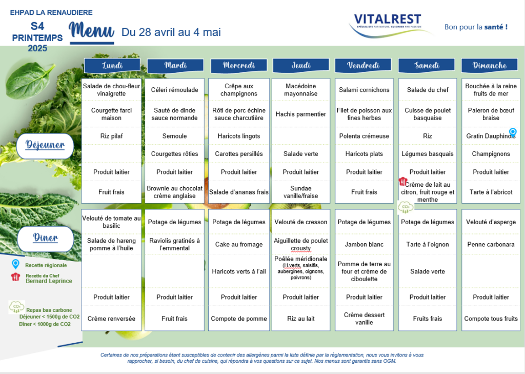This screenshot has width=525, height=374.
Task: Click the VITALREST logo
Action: click(389, 25)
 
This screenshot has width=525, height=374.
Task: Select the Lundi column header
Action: click(112, 65)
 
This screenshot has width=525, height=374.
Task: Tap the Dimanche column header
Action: click(490, 65)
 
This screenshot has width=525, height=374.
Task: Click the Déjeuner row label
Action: click(45, 146)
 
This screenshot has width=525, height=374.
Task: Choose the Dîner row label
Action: click(46, 239)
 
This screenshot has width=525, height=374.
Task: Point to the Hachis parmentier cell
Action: click(300, 114)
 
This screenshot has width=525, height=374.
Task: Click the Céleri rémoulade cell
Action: click(174, 90)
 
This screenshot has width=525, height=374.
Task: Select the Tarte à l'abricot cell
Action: click(491, 192)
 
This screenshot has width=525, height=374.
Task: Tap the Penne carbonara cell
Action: click(491, 244)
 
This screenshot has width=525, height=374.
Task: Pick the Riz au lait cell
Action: click(300, 319)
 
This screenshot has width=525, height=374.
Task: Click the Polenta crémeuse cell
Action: click(364, 136)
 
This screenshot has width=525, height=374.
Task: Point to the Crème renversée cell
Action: click(111, 319)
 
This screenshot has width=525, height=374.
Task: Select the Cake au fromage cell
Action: click(239, 244)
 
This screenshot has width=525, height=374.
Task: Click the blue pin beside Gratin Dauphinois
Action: click(513, 132)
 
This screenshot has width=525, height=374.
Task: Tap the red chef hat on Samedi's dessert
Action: click(402, 181)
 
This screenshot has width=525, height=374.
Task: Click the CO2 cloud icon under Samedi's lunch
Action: click(406, 207)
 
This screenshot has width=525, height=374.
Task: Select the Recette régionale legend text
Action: click(46, 265)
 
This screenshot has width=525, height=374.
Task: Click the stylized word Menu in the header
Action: click(91, 31)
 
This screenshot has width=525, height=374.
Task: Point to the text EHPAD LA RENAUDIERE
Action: click(51, 12)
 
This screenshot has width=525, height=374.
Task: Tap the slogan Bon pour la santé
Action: click(476, 27)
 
